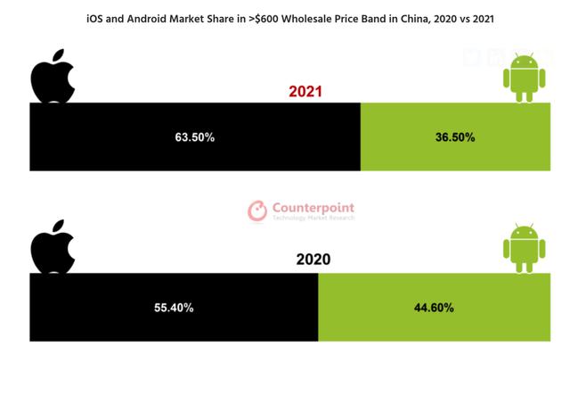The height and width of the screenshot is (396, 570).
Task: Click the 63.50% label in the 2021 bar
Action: (194, 138)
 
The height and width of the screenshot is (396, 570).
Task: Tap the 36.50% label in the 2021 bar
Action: (455, 138)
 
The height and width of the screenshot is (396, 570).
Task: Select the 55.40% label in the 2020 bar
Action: (174, 308)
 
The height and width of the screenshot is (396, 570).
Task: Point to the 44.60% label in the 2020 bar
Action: (434, 308)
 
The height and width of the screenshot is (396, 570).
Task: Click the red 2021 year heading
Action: (305, 92)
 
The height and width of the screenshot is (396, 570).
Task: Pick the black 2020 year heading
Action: (313, 260)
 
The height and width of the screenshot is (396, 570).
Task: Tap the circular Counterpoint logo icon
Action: (257, 210)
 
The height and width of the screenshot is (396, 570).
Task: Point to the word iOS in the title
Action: (95, 18)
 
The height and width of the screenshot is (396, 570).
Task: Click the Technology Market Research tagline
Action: (313, 218)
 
